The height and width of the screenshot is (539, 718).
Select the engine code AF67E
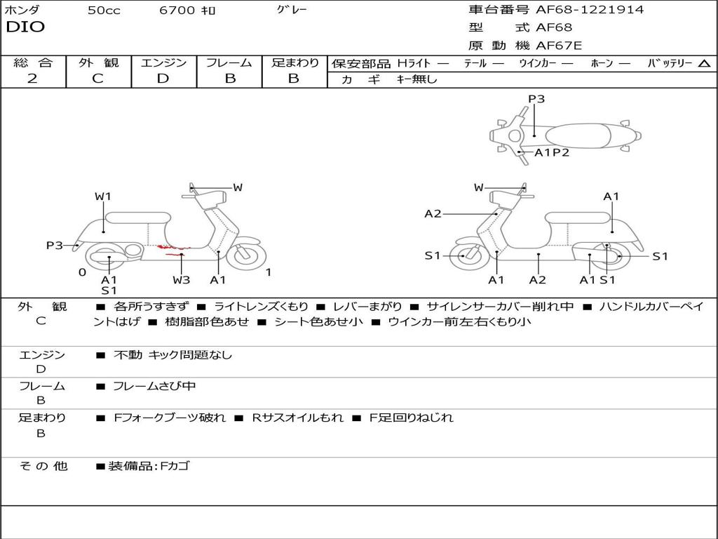(x=559, y=46)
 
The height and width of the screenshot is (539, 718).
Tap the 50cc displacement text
(x=104, y=11)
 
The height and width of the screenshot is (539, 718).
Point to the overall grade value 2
(x=32, y=79)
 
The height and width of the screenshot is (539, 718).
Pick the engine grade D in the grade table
(x=163, y=79)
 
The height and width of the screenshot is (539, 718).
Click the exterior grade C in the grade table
(x=98, y=79)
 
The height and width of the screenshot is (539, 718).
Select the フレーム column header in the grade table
(x=229, y=63)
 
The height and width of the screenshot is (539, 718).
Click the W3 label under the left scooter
(x=182, y=280)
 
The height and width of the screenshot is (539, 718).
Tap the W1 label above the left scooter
(x=103, y=197)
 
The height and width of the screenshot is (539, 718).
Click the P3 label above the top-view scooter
(x=536, y=99)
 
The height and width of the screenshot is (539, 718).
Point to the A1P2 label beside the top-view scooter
(x=552, y=152)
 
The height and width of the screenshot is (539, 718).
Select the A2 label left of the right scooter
(x=433, y=214)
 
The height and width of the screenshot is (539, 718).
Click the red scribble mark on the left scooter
(x=173, y=248)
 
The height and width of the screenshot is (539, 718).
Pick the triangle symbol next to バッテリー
(x=704, y=64)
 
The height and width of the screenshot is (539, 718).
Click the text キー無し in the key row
(x=417, y=79)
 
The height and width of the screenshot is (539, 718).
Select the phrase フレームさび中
(x=154, y=386)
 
